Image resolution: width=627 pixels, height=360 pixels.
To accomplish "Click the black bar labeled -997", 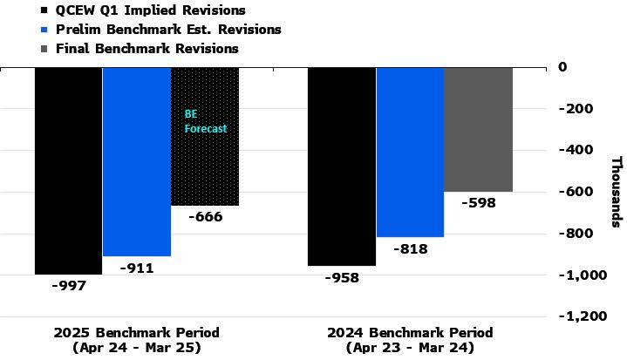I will [x=68, y=170].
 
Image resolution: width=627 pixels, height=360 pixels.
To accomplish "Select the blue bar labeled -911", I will [x=136, y=161].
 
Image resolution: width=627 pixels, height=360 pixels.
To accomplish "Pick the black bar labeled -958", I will [x=341, y=166].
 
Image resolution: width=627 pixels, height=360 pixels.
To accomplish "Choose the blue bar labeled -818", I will [x=410, y=152].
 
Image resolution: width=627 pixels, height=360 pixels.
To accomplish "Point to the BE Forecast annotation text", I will [x=205, y=121].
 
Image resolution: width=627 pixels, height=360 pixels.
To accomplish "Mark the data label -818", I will [x=409, y=248].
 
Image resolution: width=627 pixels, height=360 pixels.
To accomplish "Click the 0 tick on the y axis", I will [x=562, y=66].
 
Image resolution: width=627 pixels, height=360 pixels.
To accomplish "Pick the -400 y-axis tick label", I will [x=576, y=150].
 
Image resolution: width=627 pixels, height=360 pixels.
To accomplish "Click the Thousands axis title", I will [x=616, y=191].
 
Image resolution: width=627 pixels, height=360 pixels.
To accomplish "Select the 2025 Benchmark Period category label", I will [x=136, y=340].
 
